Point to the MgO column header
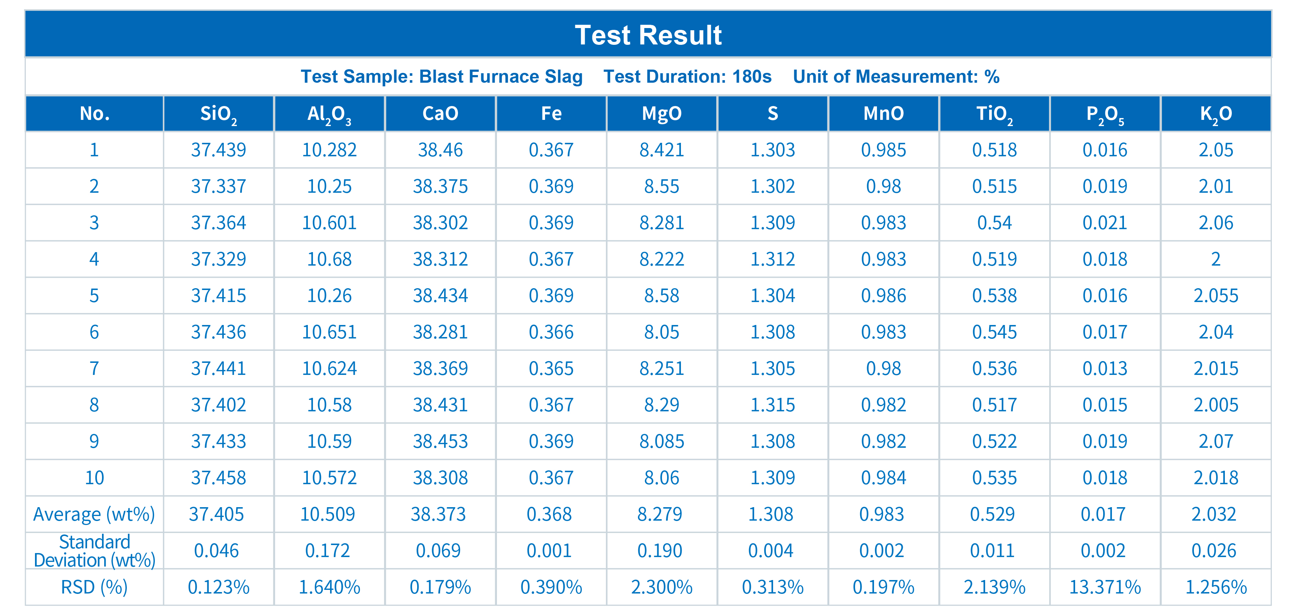point(662,114)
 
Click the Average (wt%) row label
point(94,514)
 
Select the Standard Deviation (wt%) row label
point(94,551)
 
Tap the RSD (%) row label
point(94,587)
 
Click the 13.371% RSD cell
point(1105,587)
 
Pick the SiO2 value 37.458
point(219,478)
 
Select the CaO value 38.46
point(440,150)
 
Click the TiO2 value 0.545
point(994,332)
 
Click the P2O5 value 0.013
point(1105,368)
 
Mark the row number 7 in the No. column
point(94,368)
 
